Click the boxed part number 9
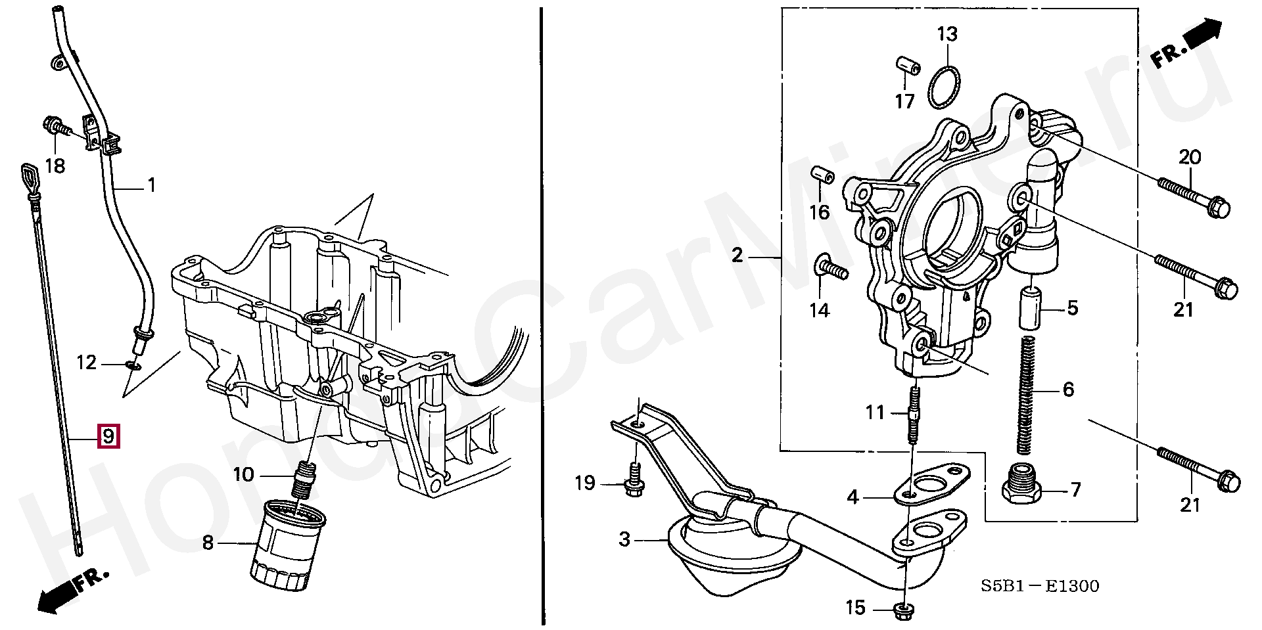pyautogui.click(x=108, y=436)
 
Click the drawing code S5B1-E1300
pyautogui.click(x=1040, y=586)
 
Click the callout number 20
pyautogui.click(x=1190, y=158)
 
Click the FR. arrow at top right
pyautogui.click(x=1186, y=43)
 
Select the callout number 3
pyautogui.click(x=624, y=539)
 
